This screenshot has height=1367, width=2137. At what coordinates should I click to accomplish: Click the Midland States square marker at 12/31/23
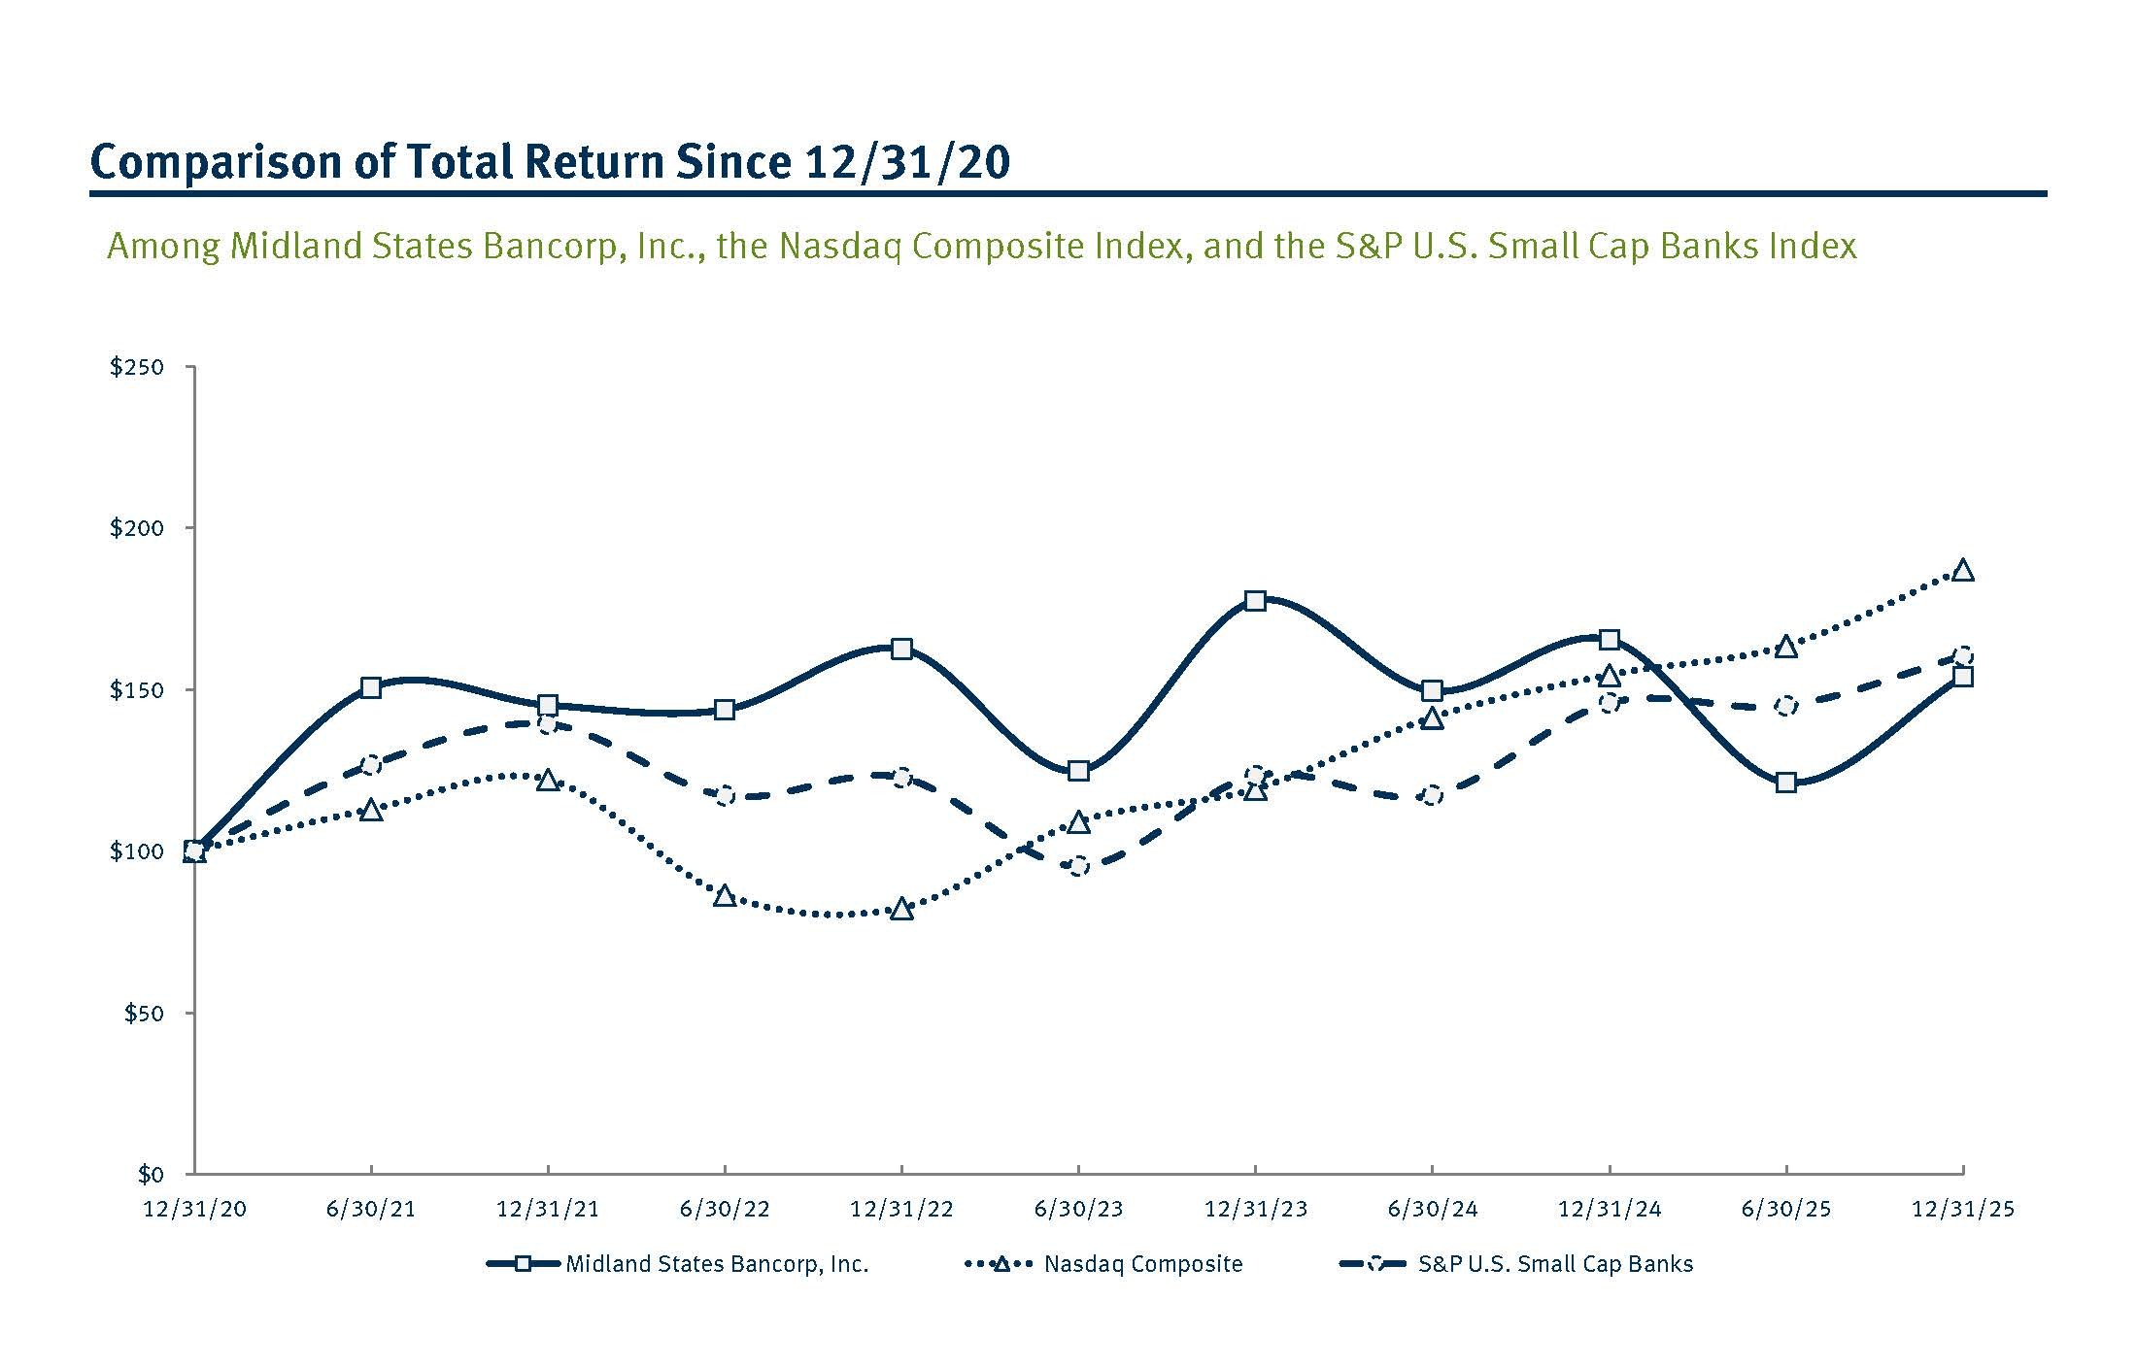(1255, 600)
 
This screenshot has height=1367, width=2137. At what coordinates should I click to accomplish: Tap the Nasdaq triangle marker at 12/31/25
(1962, 571)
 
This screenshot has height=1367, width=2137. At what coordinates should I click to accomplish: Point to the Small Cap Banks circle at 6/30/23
(1078, 866)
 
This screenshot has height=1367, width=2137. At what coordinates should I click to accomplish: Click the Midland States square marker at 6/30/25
(1785, 783)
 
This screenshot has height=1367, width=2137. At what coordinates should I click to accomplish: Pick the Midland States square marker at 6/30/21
(370, 687)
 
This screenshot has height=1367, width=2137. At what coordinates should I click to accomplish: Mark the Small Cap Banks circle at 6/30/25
(1785, 706)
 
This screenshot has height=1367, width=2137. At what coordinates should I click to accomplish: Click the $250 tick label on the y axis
(137, 367)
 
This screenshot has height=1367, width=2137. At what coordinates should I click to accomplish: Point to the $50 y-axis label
(143, 1014)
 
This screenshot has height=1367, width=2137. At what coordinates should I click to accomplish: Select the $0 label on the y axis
(150, 1175)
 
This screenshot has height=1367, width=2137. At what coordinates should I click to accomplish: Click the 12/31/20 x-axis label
(194, 1210)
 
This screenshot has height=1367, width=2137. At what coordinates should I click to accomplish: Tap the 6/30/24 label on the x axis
(1432, 1210)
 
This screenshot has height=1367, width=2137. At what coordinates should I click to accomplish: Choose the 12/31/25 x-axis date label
(1962, 1210)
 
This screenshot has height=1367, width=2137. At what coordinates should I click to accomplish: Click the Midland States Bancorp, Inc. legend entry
(716, 1264)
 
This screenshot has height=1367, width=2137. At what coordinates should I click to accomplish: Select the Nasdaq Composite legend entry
(1142, 1264)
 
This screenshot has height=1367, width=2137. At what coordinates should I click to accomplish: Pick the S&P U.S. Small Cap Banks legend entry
(1554, 1264)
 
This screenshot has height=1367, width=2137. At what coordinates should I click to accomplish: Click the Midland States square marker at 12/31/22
(901, 649)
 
